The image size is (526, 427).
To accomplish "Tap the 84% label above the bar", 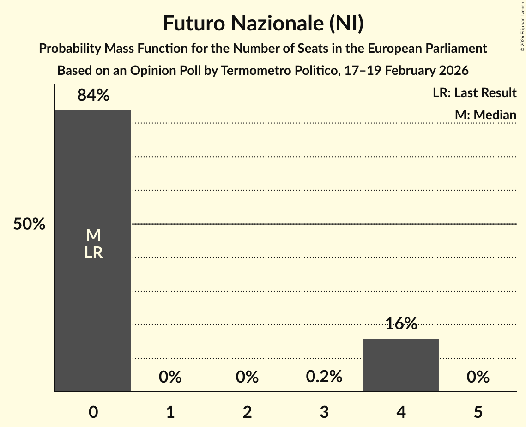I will [x=93, y=95].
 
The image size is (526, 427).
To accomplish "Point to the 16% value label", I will [x=401, y=323].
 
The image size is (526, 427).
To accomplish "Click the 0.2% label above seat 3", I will [x=324, y=377].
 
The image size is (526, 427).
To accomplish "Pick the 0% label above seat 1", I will [x=170, y=377].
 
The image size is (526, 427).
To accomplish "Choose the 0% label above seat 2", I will [x=247, y=377].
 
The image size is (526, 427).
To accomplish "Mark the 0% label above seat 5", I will [x=478, y=377].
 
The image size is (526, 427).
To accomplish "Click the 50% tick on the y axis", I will [x=29, y=224].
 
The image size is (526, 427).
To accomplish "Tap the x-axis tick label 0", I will [x=93, y=412].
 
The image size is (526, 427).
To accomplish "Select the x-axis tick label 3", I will [x=324, y=412].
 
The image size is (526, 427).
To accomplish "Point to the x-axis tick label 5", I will [x=478, y=412].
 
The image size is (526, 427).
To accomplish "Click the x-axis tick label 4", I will [x=401, y=412].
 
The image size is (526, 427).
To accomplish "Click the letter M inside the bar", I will [x=93, y=235].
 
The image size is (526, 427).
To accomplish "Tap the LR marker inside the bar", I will [x=93, y=253].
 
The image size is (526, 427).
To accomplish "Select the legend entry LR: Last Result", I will [x=474, y=93].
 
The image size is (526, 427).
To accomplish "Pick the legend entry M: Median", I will [x=485, y=115].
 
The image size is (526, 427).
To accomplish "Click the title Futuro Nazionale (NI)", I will [x=263, y=24].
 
